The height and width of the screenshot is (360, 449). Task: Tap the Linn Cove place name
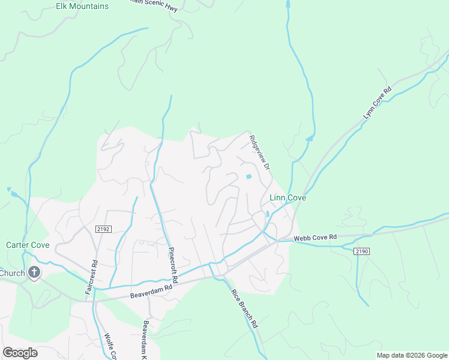[x=287, y=197]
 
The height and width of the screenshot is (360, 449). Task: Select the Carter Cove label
[x=28, y=245]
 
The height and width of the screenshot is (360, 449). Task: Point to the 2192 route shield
[x=103, y=229]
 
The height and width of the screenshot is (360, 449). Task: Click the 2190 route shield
[x=361, y=251]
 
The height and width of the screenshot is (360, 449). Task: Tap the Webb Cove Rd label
[x=315, y=238]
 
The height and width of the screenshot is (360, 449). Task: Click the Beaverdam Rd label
[x=151, y=292]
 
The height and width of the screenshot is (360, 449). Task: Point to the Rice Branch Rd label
[x=244, y=308]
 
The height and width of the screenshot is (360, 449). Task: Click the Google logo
[x=20, y=353]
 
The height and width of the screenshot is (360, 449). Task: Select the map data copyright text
[x=411, y=355]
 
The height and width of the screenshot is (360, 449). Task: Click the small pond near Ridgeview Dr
[x=249, y=176]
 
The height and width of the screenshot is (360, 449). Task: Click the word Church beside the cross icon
[x=12, y=274]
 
